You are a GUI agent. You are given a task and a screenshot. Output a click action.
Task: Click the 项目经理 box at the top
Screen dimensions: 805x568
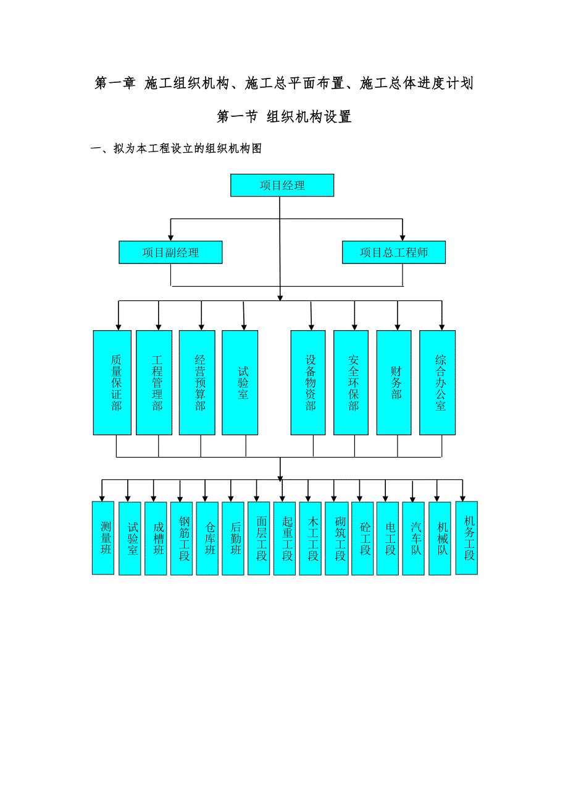coord(282,185)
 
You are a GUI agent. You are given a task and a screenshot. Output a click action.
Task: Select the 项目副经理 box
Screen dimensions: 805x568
coord(170,252)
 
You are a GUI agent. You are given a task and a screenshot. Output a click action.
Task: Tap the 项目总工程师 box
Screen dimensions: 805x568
coord(393,252)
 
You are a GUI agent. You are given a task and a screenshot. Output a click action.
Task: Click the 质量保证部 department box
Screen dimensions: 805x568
coord(112,383)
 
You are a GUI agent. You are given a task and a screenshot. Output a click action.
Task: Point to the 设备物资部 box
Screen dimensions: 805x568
coord(311,383)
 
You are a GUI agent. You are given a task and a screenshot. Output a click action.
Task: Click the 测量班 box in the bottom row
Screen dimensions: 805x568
coord(103,538)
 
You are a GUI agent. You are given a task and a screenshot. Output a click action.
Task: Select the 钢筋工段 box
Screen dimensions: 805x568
coord(182,539)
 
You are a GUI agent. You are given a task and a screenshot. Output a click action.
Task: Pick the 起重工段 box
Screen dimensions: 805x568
coord(285,539)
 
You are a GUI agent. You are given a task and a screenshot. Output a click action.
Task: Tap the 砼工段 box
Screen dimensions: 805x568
coord(362,539)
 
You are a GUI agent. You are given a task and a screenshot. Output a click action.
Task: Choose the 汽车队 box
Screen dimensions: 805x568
coord(414,539)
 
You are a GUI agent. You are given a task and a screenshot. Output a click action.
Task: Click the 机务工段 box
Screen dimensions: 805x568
coord(467,538)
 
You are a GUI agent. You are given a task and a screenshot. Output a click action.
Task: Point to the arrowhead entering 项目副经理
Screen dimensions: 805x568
coord(170,237)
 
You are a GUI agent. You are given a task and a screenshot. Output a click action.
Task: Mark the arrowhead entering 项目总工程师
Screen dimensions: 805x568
coord(403,237)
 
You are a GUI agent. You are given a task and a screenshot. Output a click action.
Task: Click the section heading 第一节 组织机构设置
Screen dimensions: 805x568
coord(284,117)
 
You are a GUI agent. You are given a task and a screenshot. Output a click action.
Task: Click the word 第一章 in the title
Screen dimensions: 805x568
coord(115,83)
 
